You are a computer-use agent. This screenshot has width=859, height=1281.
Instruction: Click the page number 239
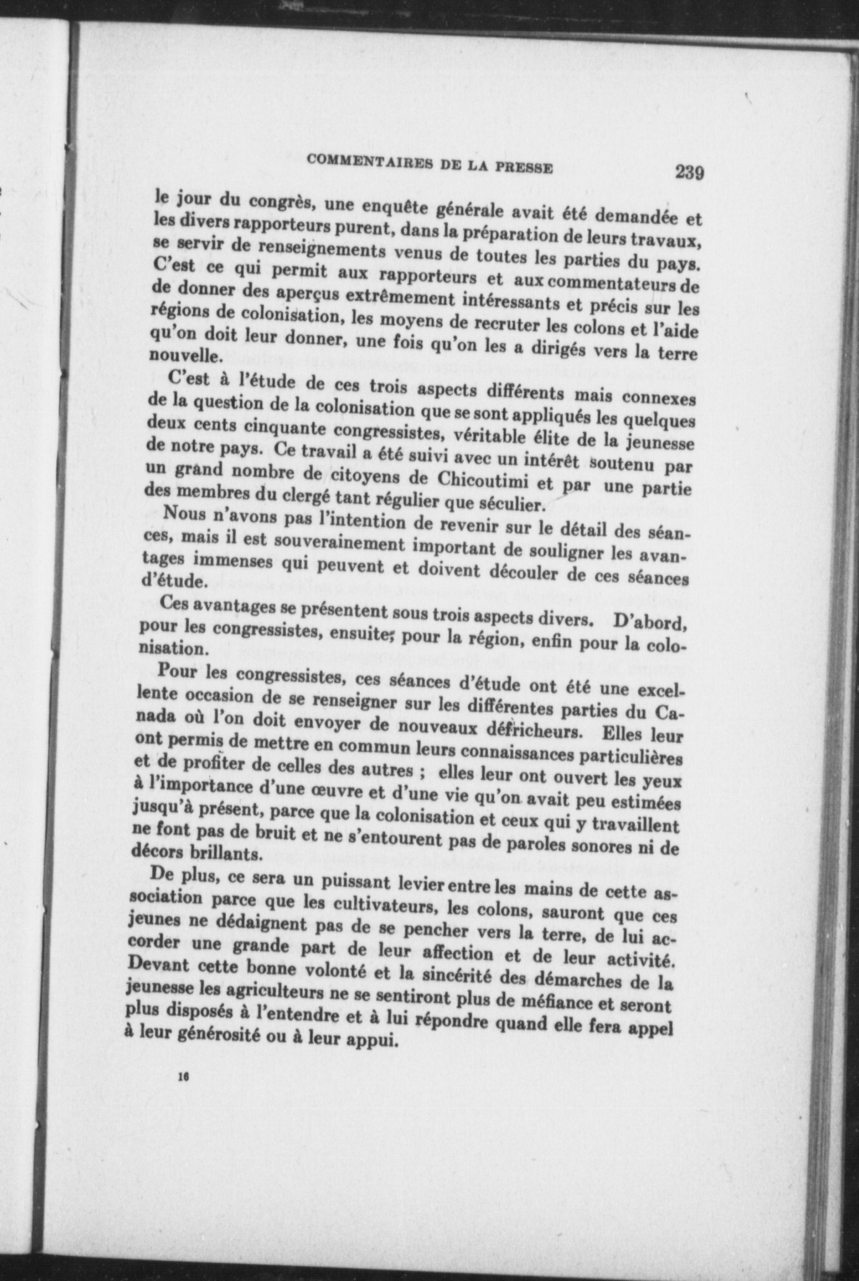690,172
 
